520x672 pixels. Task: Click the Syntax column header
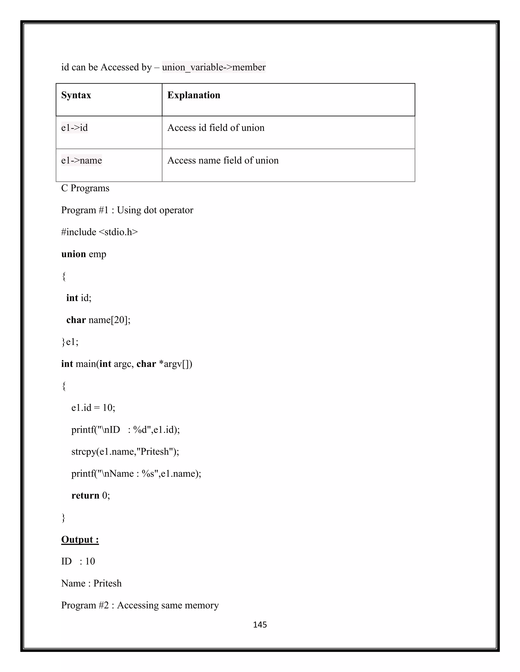click(x=76, y=95)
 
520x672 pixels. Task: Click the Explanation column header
click(x=194, y=95)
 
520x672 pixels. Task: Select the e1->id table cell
click(x=75, y=128)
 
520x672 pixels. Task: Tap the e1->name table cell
click(x=82, y=160)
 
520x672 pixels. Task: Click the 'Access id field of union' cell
click(x=216, y=128)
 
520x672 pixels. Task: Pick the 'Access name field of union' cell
click(x=223, y=160)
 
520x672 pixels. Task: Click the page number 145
click(x=260, y=625)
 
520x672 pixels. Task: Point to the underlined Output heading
click(x=80, y=539)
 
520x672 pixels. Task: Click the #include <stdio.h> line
click(x=100, y=232)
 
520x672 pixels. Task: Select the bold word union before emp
click(x=73, y=254)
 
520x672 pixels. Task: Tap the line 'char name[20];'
click(x=98, y=320)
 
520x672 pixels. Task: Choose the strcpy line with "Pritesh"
click(x=125, y=451)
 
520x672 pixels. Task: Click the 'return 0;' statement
click(x=91, y=496)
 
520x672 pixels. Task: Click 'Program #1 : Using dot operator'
click(x=127, y=210)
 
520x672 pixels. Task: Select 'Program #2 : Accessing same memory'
click(x=140, y=605)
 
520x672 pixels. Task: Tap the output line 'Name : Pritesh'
click(x=91, y=583)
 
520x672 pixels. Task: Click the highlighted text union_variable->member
click(x=214, y=67)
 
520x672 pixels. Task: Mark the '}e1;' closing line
click(x=70, y=342)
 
